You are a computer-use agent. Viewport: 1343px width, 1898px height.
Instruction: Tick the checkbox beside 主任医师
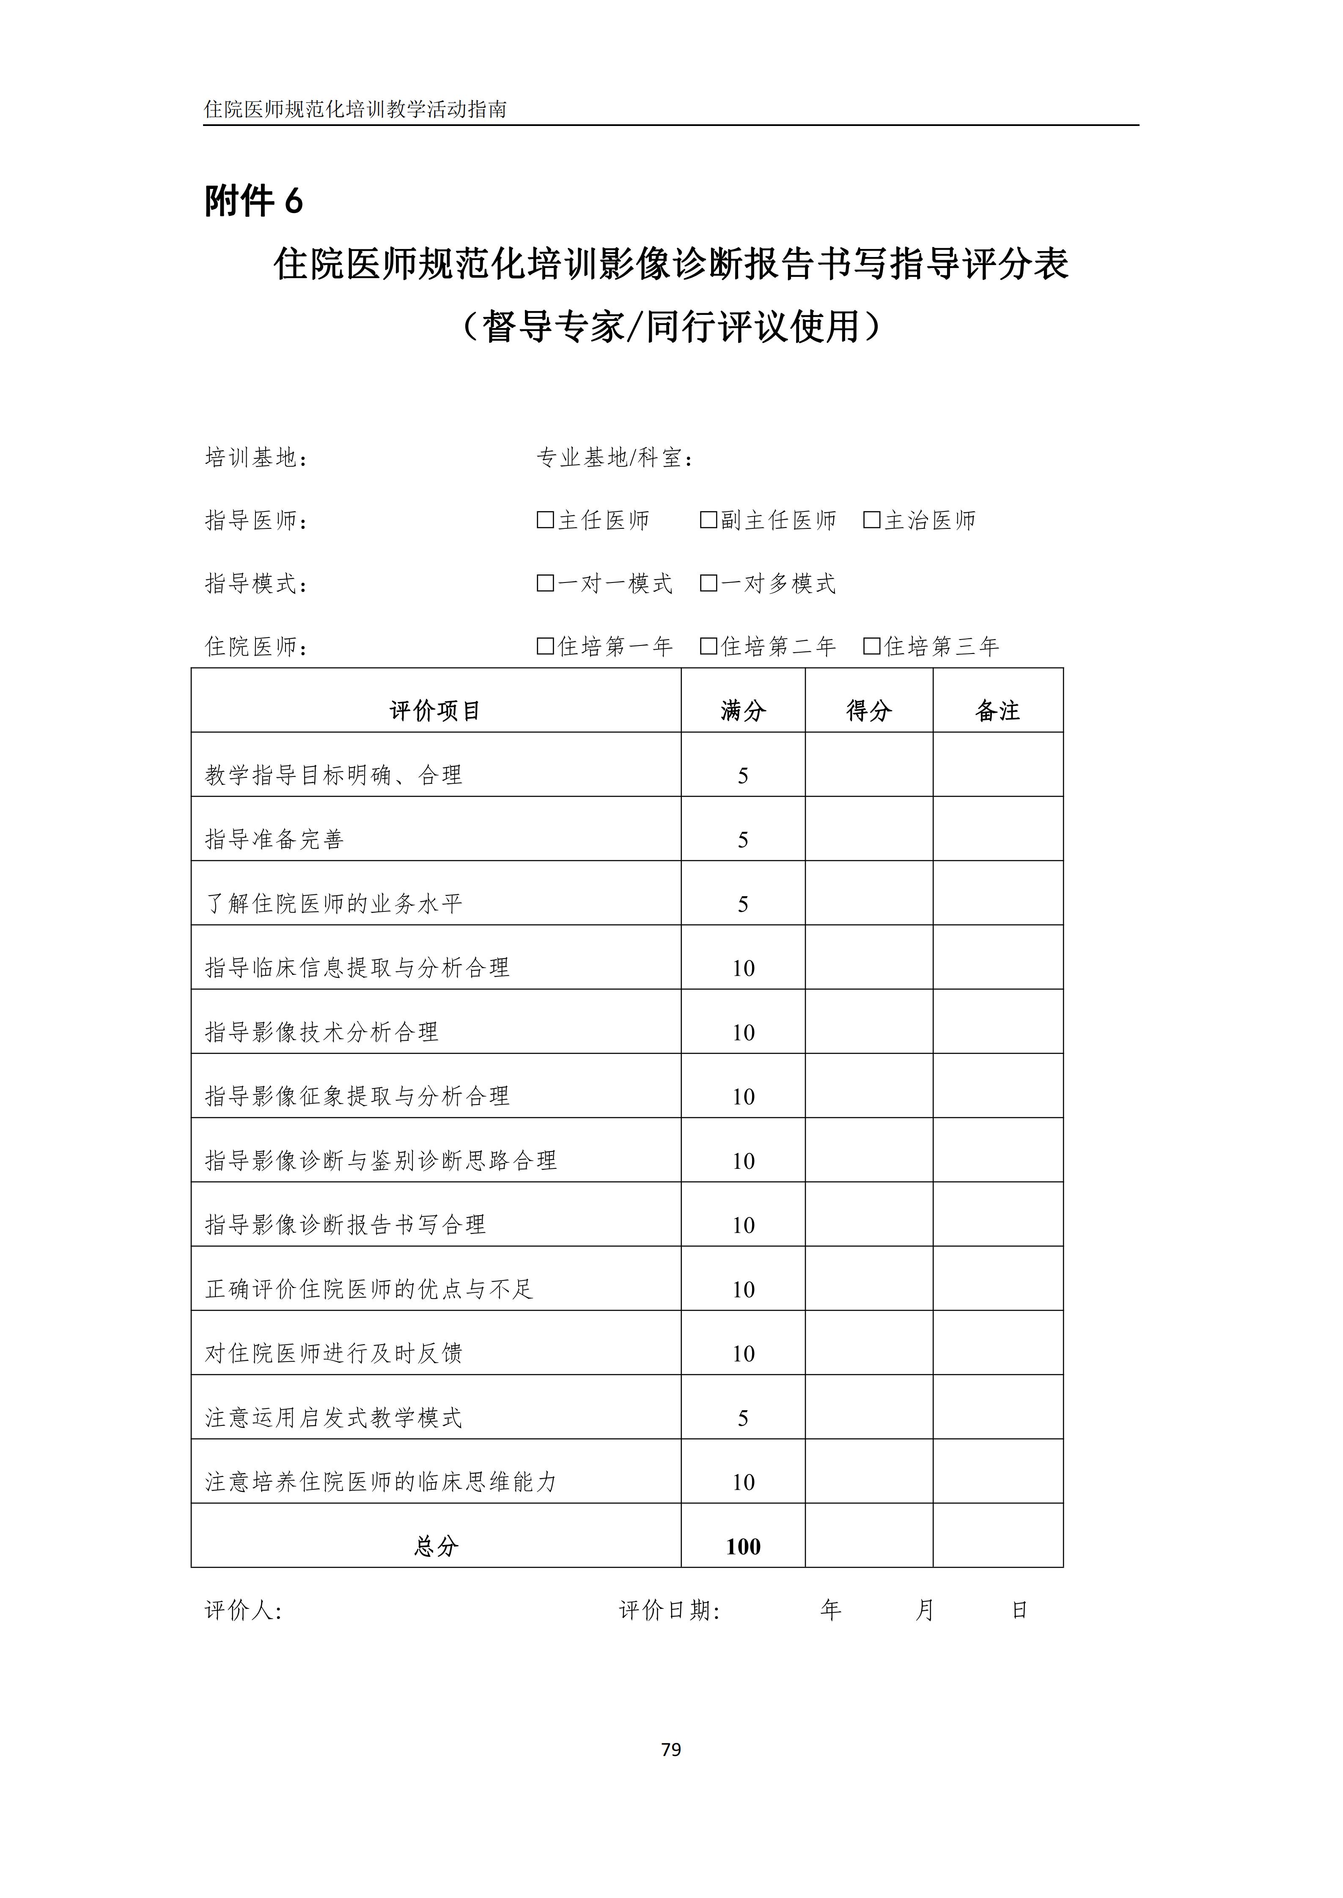[545, 520]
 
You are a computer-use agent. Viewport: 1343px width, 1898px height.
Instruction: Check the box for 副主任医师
[708, 520]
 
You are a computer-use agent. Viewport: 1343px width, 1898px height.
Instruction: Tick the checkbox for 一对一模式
[545, 583]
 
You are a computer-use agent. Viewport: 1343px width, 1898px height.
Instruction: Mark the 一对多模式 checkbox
[708, 583]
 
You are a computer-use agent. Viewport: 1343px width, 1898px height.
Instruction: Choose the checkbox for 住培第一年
[545, 645]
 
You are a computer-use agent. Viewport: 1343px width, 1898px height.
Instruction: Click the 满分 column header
[743, 710]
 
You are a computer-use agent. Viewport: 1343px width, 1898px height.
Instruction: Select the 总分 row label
[436, 1546]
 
